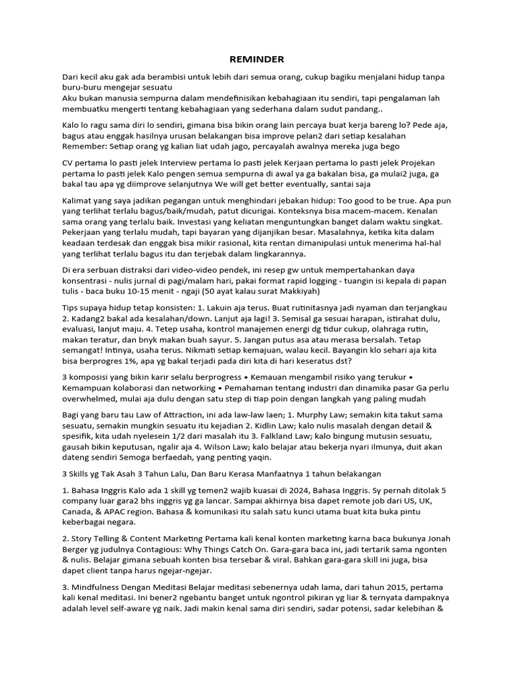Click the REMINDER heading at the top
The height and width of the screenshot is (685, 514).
click(257, 59)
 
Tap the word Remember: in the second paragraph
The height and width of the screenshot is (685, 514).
click(85, 146)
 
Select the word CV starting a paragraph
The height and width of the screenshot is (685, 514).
click(68, 164)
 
